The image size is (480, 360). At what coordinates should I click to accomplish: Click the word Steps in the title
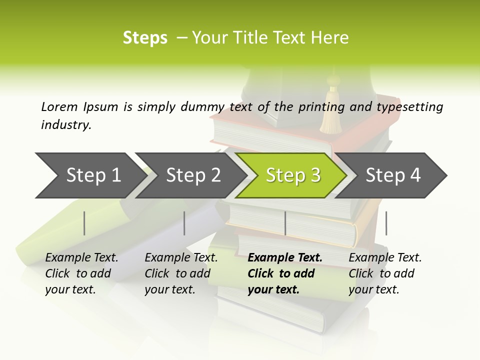145,38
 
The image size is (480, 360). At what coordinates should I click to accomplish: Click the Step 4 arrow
392,175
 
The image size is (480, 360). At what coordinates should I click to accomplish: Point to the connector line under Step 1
84,223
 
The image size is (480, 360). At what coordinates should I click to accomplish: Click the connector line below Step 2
184,223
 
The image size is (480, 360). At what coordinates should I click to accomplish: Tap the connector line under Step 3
285,223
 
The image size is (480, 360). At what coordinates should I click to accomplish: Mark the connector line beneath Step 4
386,223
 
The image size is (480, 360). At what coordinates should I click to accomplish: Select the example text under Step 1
81,273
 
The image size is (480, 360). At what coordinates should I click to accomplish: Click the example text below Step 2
180,273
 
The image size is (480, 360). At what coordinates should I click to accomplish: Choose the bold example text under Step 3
284,273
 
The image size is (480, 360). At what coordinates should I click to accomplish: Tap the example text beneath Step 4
384,273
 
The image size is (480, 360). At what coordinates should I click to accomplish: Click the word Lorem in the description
59,106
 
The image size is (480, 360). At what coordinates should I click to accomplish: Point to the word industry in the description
66,125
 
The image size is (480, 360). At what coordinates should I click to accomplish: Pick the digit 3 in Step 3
315,175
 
